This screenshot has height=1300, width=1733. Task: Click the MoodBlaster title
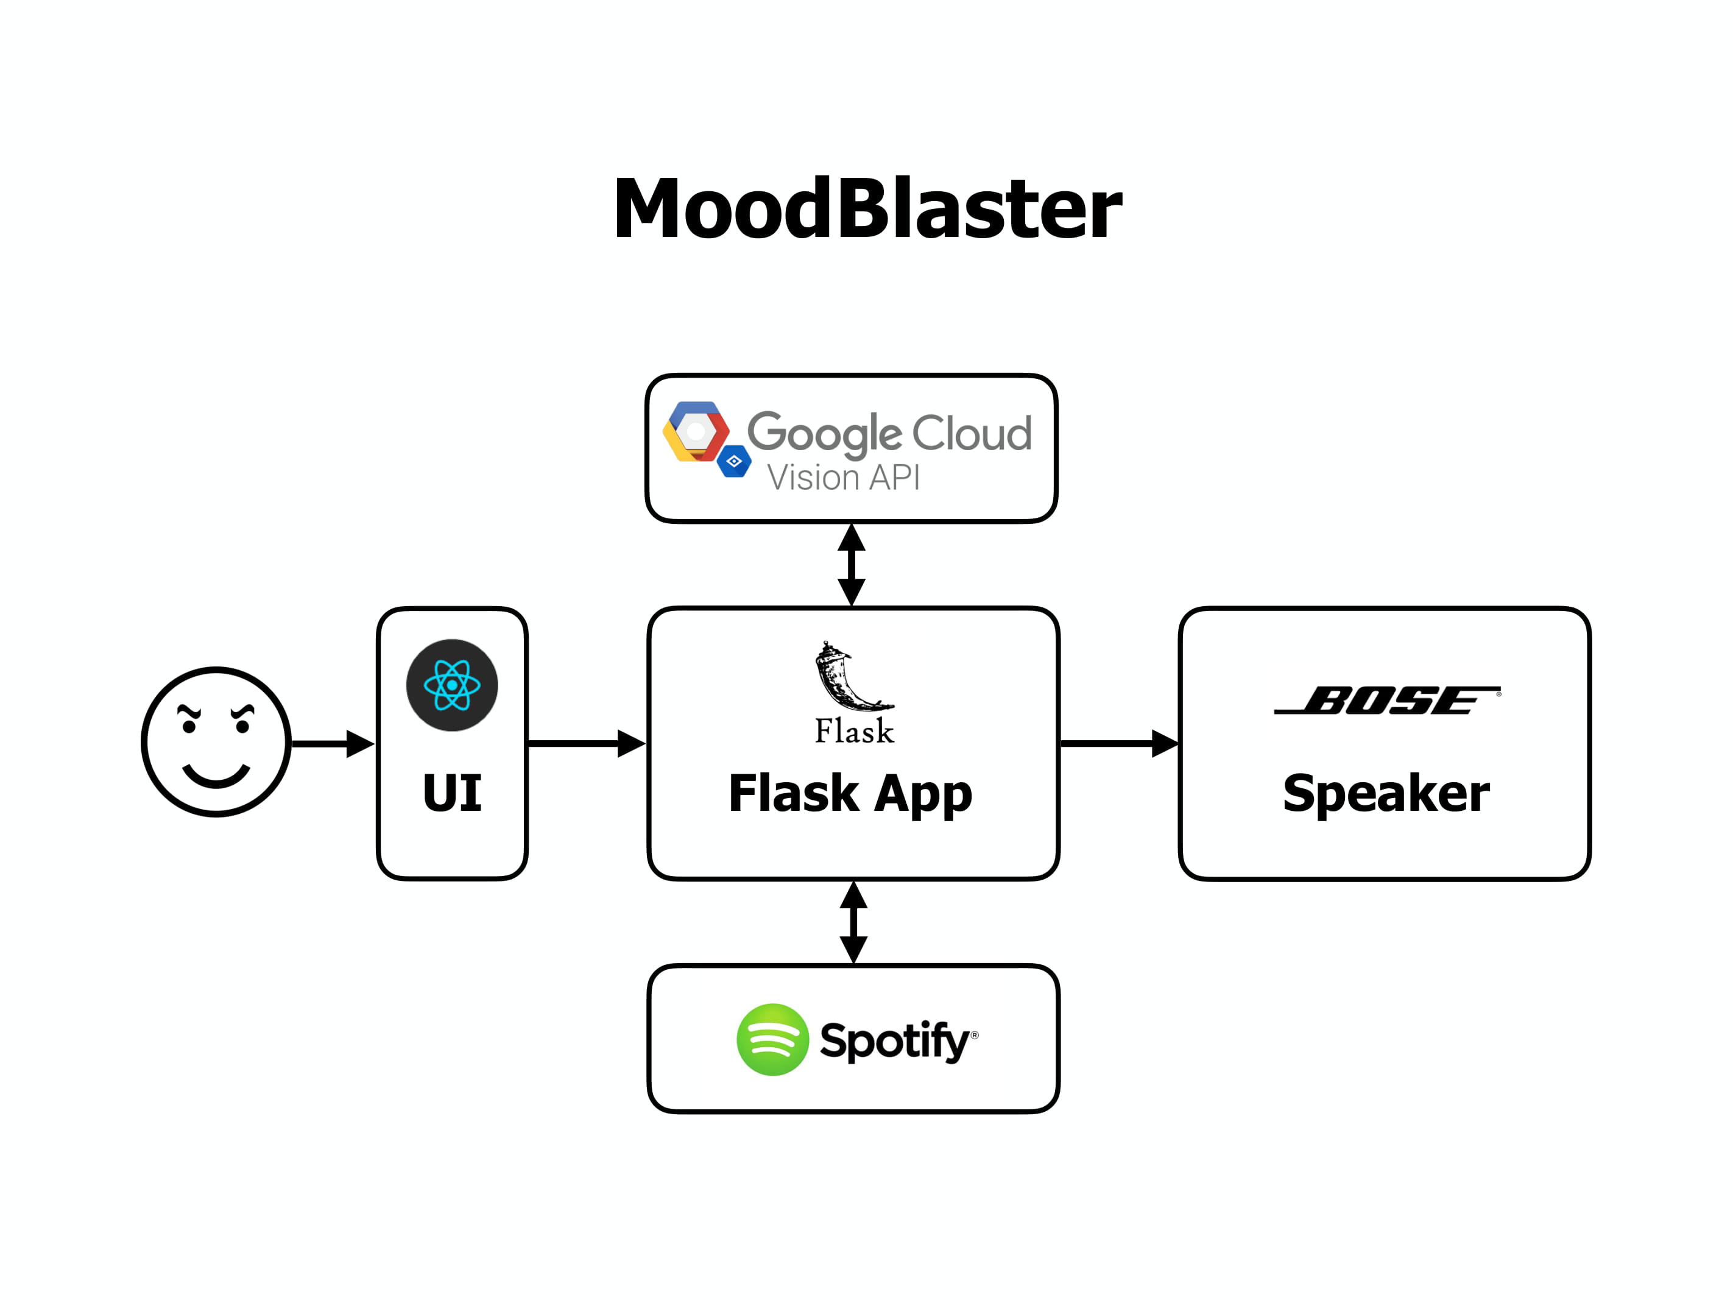click(x=867, y=208)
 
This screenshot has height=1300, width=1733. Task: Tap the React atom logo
click(x=452, y=685)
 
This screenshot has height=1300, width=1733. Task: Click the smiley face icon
click(x=216, y=741)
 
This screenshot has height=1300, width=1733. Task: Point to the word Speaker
click(x=1386, y=793)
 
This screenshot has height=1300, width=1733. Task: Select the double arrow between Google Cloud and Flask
click(x=852, y=564)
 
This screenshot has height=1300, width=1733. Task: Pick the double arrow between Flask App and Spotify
click(x=853, y=922)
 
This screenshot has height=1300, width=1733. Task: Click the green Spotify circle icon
click(x=772, y=1039)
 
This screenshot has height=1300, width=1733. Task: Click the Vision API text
click(x=843, y=477)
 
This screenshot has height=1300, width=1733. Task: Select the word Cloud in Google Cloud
click(x=972, y=433)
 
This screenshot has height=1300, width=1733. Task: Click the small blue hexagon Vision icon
click(x=734, y=462)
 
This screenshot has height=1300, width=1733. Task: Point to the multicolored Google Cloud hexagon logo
click(x=695, y=432)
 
